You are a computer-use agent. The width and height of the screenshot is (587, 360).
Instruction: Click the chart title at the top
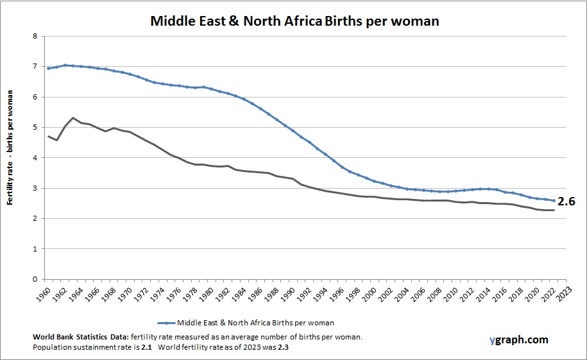[x=294, y=21]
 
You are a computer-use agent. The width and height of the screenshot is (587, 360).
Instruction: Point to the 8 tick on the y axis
[x=34, y=37]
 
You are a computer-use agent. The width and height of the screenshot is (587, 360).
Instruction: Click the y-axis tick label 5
[x=34, y=128]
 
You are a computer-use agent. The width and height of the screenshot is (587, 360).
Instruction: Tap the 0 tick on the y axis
[x=34, y=280]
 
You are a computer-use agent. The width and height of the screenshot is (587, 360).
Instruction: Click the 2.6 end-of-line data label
[x=566, y=201]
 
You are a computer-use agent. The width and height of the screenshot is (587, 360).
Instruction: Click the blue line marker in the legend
[x=166, y=323]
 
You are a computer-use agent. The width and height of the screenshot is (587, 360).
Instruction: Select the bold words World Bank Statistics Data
[x=79, y=337]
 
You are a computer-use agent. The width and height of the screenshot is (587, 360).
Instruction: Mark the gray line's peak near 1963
[x=73, y=118]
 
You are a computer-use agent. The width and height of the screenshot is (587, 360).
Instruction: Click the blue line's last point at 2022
[x=553, y=201]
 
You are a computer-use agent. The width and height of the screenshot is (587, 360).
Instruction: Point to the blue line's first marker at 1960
[x=49, y=68]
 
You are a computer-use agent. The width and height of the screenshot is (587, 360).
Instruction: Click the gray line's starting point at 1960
[x=49, y=136]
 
